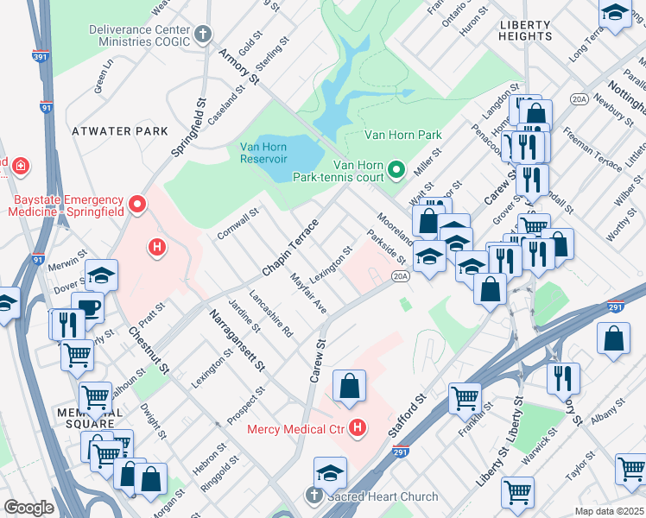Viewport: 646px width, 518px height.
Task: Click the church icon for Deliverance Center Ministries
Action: (x=203, y=35)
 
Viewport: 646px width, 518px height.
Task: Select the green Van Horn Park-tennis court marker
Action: (x=396, y=168)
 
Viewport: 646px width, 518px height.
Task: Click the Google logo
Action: (x=28, y=508)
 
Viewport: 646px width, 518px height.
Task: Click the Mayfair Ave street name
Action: (x=307, y=294)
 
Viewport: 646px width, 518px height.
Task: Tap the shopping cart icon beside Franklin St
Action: (x=465, y=398)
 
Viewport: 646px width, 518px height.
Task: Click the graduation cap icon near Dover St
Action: (x=101, y=274)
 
